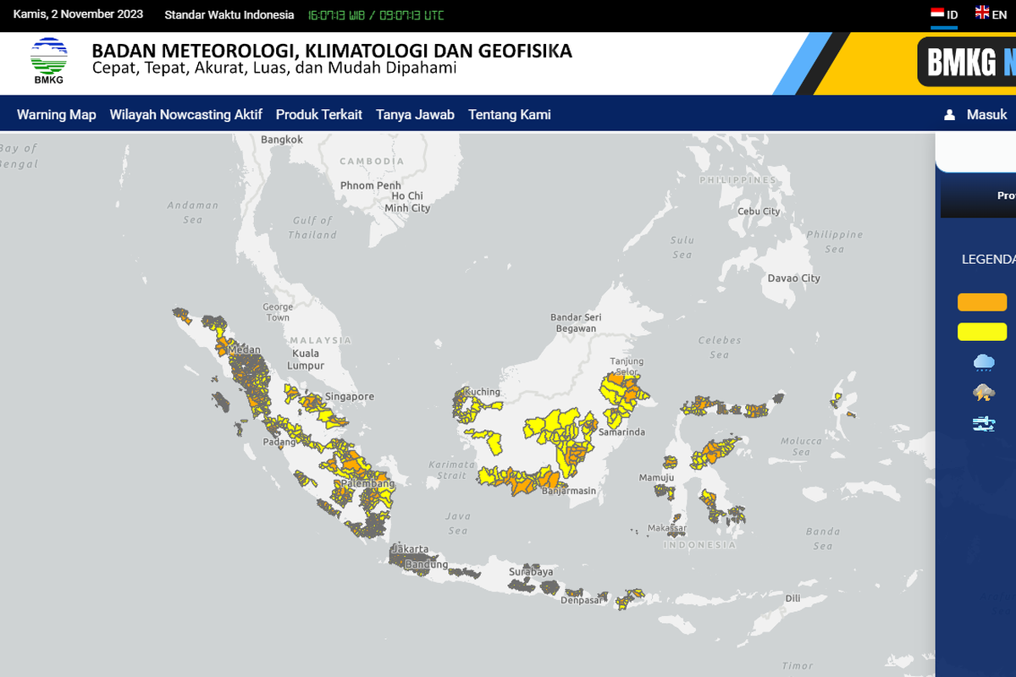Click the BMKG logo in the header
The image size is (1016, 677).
click(49, 61)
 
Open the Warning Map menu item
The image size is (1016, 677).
click(57, 114)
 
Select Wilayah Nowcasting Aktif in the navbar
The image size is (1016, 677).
click(185, 114)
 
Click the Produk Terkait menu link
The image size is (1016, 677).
click(319, 114)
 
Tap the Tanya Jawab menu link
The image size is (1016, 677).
click(415, 114)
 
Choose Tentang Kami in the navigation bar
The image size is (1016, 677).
click(510, 114)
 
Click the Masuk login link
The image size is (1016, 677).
click(976, 114)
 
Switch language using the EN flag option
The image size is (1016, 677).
click(991, 14)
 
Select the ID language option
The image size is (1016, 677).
click(944, 14)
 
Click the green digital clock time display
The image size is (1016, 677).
click(375, 15)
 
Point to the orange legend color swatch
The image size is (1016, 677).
click(982, 302)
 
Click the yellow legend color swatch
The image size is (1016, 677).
click(982, 332)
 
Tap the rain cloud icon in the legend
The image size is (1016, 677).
click(984, 363)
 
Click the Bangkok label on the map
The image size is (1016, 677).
click(282, 140)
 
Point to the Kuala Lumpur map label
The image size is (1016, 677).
click(306, 360)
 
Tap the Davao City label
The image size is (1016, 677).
click(793, 278)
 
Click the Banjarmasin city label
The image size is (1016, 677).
click(568, 491)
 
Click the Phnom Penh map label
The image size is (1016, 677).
click(370, 185)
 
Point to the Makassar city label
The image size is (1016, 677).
click(666, 529)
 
